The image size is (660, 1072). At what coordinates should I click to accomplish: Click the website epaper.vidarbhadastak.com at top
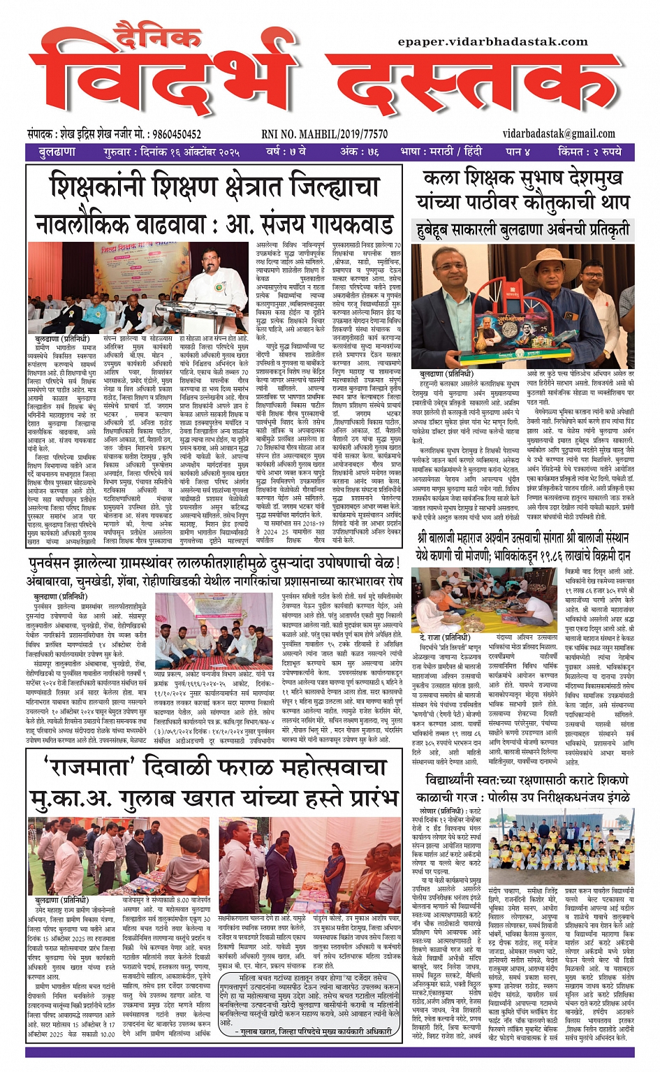coord(492,42)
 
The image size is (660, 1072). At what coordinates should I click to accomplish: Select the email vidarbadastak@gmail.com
coord(558,133)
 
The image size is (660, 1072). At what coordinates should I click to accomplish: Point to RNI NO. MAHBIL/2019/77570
coord(325,134)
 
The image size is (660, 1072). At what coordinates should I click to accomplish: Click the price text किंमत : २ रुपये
coord(589,152)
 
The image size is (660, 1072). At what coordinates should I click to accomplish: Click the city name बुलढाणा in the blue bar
coord(57,152)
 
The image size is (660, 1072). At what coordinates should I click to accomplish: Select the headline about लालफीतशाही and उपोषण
coord(213,563)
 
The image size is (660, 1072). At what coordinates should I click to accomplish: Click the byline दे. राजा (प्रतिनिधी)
coord(444,637)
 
